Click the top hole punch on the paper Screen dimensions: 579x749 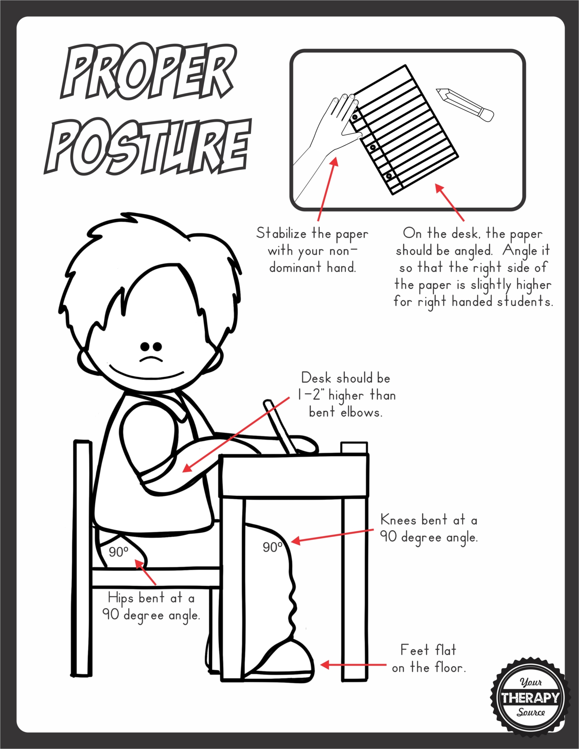pos(354,118)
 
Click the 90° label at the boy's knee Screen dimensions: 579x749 pos(273,547)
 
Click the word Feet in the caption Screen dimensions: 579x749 pos(414,650)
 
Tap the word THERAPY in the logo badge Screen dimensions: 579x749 pos(530,697)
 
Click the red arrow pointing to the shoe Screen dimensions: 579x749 pos(353,665)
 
